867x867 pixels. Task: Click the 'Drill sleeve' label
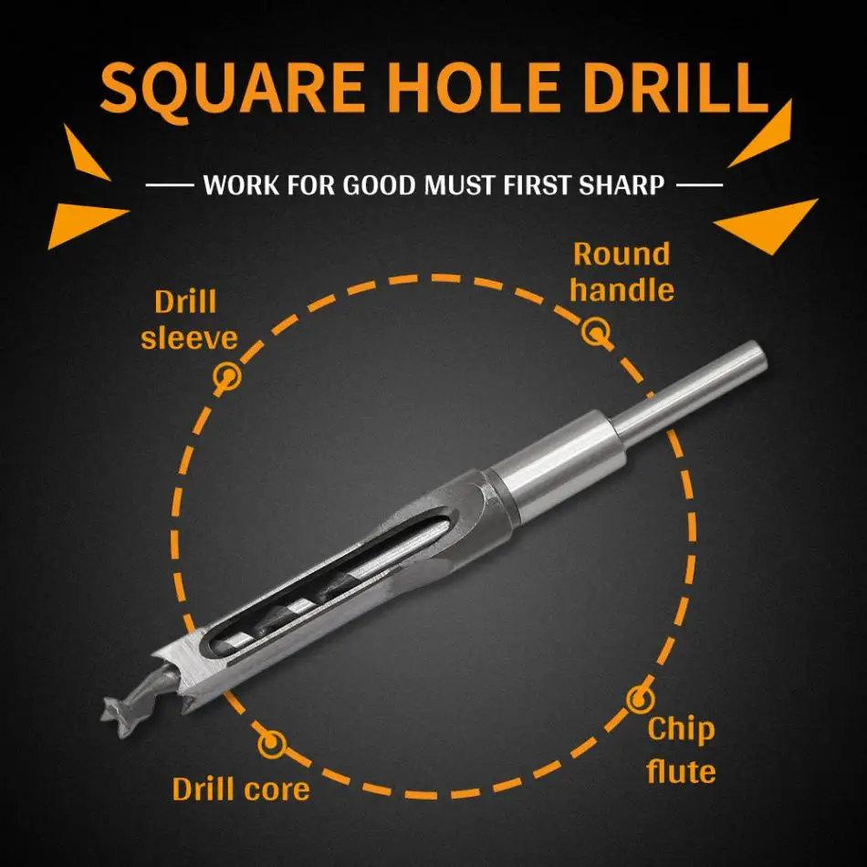point(189,319)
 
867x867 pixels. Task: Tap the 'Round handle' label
point(622,271)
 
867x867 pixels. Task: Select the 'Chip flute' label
point(681,749)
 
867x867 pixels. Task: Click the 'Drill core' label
point(241,789)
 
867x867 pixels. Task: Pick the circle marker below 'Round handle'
point(596,332)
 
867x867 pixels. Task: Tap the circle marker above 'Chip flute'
point(640,700)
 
